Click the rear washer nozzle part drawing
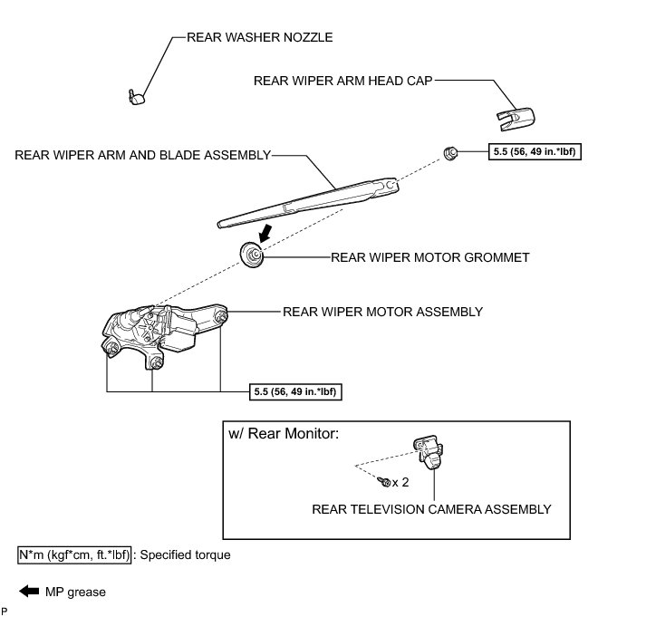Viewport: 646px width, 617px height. (136, 94)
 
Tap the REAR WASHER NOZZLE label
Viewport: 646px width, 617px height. (259, 38)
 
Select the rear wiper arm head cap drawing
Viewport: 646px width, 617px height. (516, 114)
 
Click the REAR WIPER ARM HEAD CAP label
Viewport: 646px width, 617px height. (343, 80)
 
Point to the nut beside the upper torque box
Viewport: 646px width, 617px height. (448, 151)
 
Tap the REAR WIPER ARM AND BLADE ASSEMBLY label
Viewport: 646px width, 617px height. (143, 155)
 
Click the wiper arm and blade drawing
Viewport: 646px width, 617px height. (308, 199)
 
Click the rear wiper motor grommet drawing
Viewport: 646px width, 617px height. (252, 255)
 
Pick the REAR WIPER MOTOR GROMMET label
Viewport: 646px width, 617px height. (429, 258)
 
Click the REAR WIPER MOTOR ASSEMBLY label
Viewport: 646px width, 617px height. (383, 312)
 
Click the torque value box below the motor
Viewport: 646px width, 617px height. (295, 392)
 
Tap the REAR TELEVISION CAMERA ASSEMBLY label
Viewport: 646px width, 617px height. (431, 509)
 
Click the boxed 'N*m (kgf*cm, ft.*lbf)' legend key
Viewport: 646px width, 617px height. (74, 554)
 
